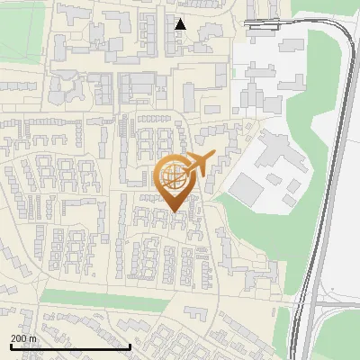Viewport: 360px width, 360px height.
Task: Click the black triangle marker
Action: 180,24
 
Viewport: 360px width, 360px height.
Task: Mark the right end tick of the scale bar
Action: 130,346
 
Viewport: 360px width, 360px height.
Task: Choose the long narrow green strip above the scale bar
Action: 99,298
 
